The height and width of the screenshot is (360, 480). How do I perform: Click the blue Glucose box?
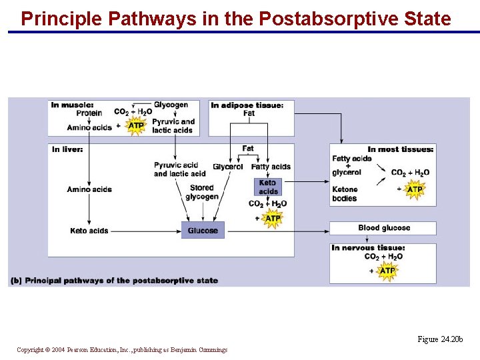(203, 230)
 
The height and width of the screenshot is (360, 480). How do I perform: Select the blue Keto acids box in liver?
(268, 187)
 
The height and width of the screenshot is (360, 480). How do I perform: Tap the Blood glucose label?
(384, 228)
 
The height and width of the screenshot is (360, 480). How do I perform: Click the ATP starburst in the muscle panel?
(136, 125)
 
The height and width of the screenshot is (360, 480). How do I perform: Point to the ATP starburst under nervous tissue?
(387, 270)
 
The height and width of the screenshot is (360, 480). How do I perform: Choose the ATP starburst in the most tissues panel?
(415, 189)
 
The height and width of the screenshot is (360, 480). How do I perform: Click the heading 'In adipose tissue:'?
(247, 105)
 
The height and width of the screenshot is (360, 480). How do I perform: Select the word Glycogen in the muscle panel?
(171, 105)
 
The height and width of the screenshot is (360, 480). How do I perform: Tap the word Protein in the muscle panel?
(89, 113)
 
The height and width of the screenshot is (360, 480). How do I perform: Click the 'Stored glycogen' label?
(201, 193)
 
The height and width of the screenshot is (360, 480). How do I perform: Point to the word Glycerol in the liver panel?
(228, 167)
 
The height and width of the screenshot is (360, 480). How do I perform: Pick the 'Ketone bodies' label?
(345, 194)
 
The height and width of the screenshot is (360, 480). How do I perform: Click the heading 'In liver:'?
(67, 149)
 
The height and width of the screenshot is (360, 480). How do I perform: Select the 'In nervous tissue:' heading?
(368, 248)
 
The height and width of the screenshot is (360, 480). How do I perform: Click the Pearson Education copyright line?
(122, 349)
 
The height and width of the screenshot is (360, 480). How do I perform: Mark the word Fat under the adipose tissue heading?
(249, 113)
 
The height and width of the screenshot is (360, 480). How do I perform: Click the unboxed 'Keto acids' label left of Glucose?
(89, 231)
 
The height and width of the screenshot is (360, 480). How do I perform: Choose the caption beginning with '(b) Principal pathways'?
(115, 281)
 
